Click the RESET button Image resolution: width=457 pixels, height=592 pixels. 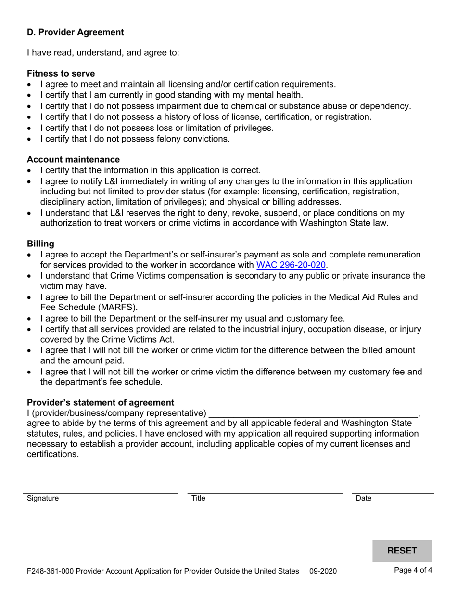pyautogui.click(x=402, y=551)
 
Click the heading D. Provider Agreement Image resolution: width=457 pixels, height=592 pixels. pyautogui.click(x=75, y=32)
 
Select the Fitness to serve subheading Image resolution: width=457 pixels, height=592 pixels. pyautogui.click(x=61, y=73)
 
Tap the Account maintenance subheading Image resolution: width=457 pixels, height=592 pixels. pyautogui.click(x=73, y=159)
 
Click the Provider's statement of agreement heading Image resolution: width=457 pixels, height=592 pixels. pyautogui.click(x=101, y=402)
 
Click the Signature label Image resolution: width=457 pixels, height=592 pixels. pyautogui.click(x=43, y=498)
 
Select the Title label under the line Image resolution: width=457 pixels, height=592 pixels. pyautogui.click(x=198, y=498)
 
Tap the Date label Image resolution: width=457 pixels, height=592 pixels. pyautogui.click(x=363, y=498)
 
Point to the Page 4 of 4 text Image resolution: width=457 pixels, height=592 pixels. pyautogui.click(x=413, y=571)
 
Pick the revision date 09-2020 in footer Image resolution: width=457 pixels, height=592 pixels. pyautogui.click(x=322, y=572)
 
